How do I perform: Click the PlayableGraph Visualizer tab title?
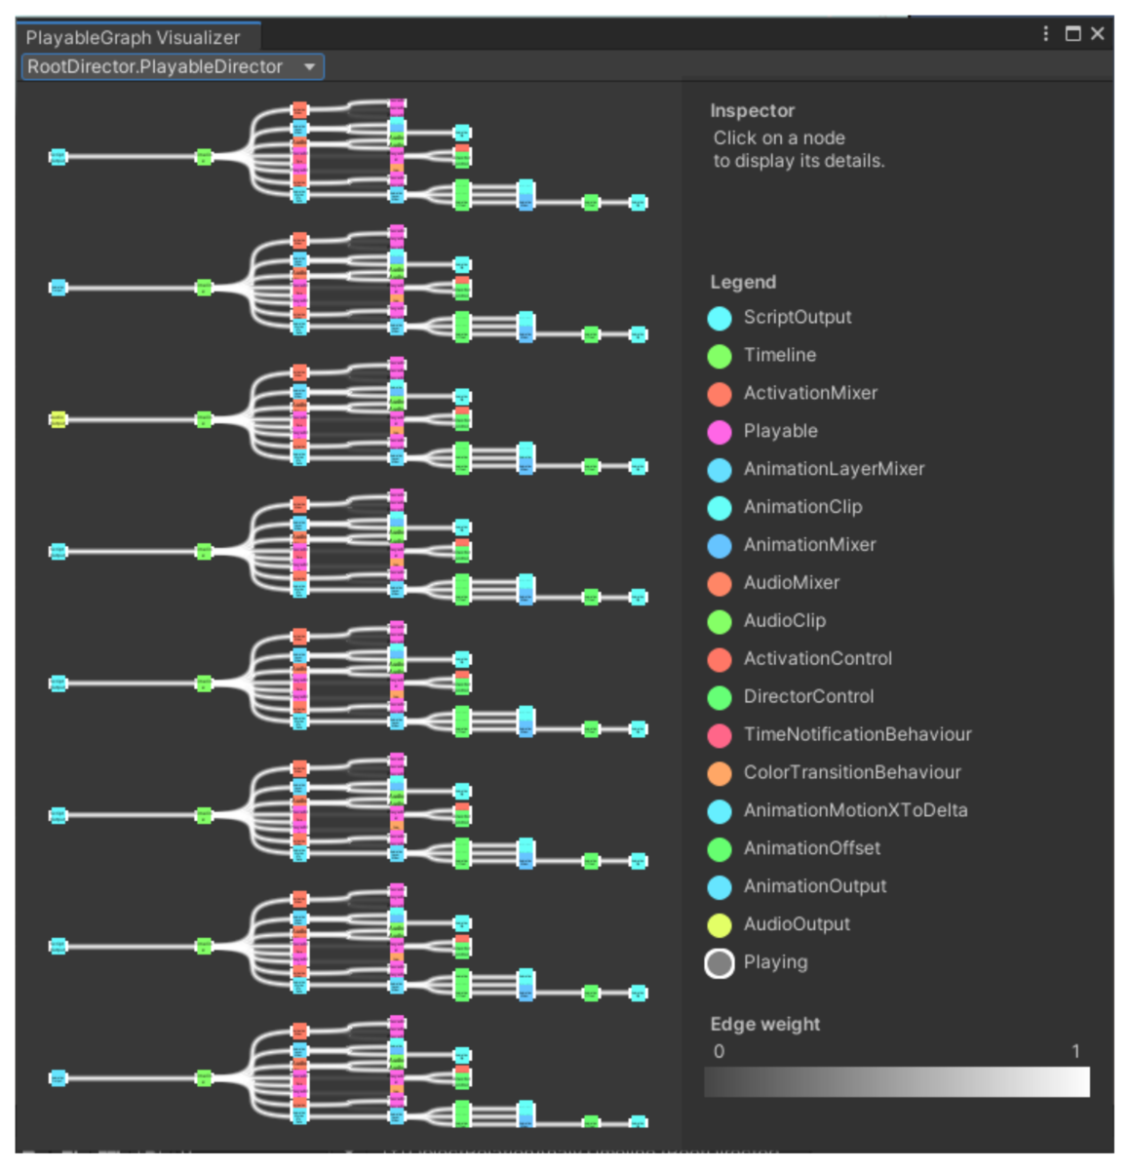pos(133,38)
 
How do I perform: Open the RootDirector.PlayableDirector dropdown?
pos(173,67)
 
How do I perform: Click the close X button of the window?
pos(1098,34)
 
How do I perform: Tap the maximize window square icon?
pos(1072,34)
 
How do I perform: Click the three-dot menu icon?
pos(1046,34)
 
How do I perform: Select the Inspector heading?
pos(752,111)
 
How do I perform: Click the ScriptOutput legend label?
pos(797,317)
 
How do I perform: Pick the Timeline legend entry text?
pos(779,355)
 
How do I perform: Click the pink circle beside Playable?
pos(720,432)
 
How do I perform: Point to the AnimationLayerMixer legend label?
pos(834,469)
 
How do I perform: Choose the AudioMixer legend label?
pos(791,583)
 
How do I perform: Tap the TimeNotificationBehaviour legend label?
pos(857,734)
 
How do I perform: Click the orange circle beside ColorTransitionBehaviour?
pos(720,773)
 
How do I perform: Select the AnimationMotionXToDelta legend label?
pos(855,810)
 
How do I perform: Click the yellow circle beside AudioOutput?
pos(720,925)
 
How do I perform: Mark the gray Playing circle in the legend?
pos(720,963)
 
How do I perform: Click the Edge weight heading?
pos(764,1024)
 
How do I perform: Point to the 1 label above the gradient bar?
pos(1075,1051)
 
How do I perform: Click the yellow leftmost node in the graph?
pos(58,419)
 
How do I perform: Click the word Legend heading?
pos(743,282)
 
